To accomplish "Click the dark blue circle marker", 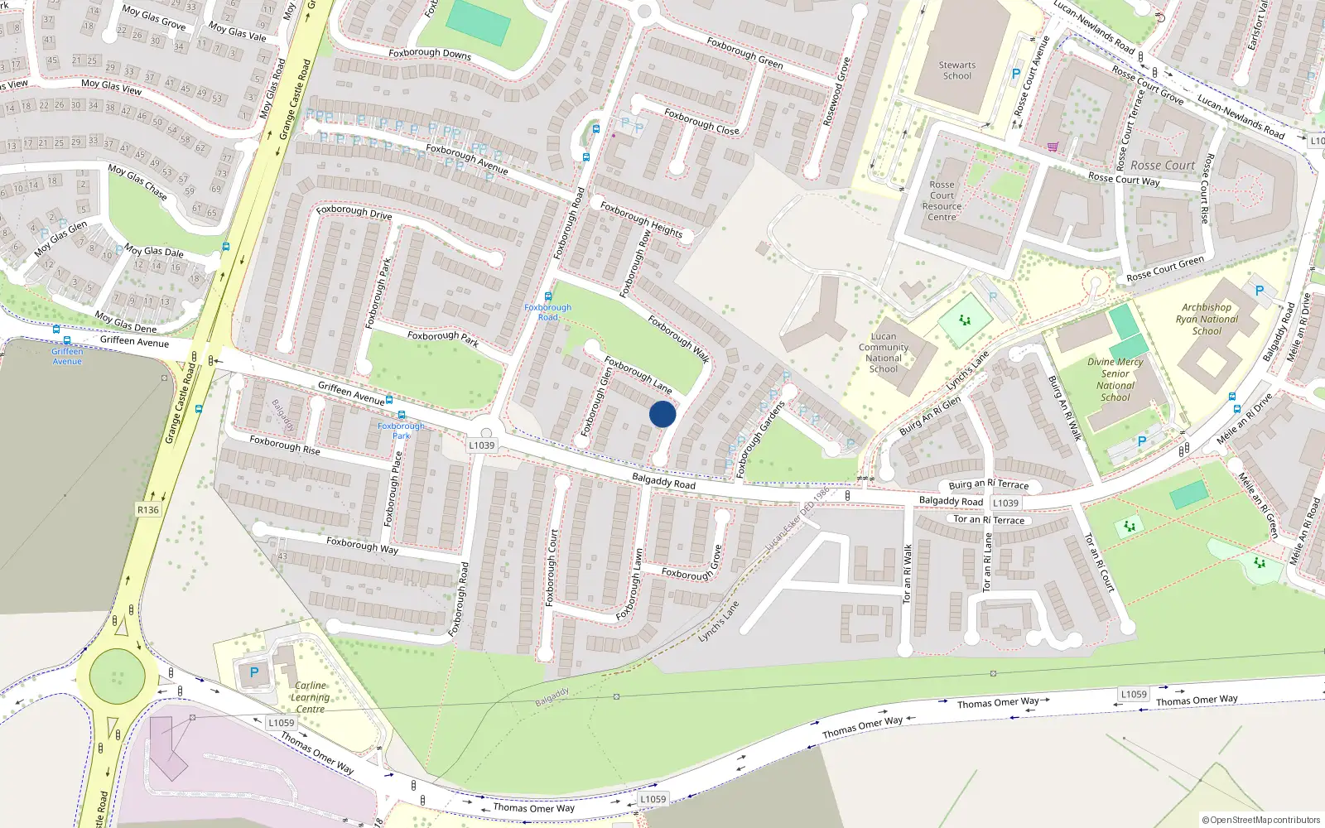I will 662,414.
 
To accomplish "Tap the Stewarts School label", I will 957,70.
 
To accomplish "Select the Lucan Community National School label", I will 884,353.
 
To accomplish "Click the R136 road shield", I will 148,510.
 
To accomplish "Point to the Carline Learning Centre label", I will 311,697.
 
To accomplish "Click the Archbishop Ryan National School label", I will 1207,319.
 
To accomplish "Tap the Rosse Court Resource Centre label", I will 942,201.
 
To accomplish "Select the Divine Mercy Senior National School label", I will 1115,379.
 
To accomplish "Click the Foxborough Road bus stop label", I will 547,312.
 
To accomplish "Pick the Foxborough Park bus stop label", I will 401,431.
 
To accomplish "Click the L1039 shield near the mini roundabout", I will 481,445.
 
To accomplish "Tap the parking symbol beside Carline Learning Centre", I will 254,673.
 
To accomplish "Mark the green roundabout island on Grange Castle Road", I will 117,676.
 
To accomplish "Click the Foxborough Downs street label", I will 430,53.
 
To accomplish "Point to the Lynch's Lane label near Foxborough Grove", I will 718,622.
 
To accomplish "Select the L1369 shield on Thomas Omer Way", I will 1134,694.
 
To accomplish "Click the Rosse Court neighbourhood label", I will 1163,166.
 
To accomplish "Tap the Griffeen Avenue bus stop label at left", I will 67,356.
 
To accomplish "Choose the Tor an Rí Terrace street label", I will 989,520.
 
